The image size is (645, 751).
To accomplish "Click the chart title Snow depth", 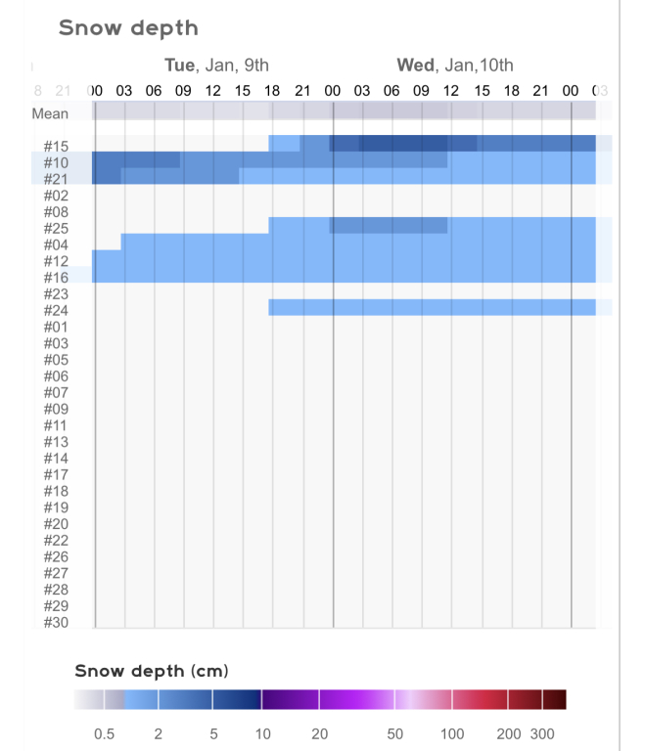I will [x=128, y=27].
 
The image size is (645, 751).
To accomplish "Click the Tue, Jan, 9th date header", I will [x=216, y=66].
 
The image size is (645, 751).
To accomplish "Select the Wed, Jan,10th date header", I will [x=454, y=66].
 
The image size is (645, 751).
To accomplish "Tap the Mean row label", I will [x=50, y=113].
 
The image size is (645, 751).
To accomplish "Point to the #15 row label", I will [x=56, y=146].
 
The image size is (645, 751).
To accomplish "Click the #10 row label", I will [x=56, y=162].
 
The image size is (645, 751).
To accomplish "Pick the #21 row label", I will [x=56, y=179].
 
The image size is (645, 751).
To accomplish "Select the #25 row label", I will [x=56, y=228].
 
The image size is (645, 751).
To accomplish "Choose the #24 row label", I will [x=56, y=310].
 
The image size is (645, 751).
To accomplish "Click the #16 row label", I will [x=56, y=277].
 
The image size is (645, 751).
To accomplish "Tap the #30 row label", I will [x=56, y=622].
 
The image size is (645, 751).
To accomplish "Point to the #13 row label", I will [x=56, y=442].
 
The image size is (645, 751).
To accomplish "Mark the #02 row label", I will [x=56, y=195].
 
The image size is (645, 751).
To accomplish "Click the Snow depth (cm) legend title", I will [x=152, y=671].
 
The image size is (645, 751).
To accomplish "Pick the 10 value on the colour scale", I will [x=263, y=733].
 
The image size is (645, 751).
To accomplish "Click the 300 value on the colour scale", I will [x=542, y=733].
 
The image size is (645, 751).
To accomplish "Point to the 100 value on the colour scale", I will [x=453, y=733].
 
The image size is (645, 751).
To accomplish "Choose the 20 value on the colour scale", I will [x=319, y=733].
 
